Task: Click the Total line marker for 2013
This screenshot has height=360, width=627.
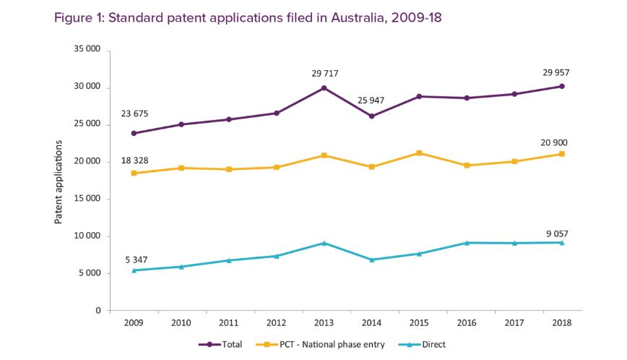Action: click(324, 88)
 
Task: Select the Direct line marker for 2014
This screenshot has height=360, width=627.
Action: click(371, 260)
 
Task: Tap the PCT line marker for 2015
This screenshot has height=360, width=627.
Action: click(418, 153)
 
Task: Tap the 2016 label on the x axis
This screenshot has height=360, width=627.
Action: click(466, 322)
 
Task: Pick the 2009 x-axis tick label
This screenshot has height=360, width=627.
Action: click(134, 322)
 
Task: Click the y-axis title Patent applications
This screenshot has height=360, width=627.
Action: click(59, 180)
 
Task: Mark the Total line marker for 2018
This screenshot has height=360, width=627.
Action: click(561, 87)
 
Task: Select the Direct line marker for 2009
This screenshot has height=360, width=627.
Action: click(134, 270)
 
